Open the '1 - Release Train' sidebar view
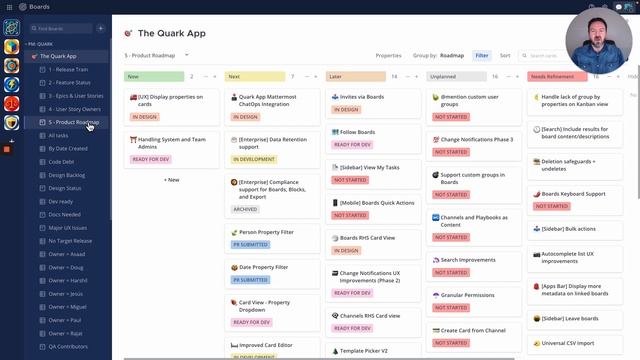point(69,70)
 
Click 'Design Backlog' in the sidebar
point(67,174)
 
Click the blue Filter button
point(482,56)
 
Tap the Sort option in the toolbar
point(505,56)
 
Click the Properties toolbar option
point(388,56)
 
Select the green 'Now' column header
point(135,76)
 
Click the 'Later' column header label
point(337,76)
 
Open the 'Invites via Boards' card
point(361,97)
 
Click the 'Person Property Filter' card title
point(266,232)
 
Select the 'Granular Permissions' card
point(466,295)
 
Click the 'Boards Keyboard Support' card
point(573,193)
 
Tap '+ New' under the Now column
point(172,180)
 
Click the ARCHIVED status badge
point(245,209)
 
